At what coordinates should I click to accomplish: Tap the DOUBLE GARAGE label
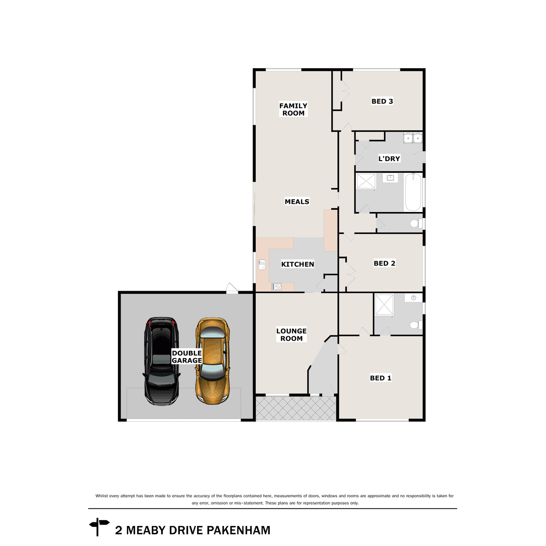coord(187,357)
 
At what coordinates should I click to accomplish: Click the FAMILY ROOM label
coord(293,109)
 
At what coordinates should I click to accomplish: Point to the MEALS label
coord(297,202)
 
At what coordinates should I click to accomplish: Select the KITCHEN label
coord(298,264)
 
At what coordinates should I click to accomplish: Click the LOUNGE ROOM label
coord(291,335)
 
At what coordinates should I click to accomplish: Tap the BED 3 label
coord(382,101)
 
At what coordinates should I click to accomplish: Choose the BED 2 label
coord(384,263)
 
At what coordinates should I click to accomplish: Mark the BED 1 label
coord(380,378)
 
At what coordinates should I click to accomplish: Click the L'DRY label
coord(389,159)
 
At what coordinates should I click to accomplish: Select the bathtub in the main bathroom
coord(413,192)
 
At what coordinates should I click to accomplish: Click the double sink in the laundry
coord(413,137)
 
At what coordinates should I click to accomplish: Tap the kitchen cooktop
coord(277,287)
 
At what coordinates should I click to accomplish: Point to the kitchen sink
coord(262,265)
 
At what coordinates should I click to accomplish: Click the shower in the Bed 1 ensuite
coord(384,304)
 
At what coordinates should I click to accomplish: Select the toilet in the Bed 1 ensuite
coord(415,325)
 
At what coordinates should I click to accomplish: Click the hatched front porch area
coord(296,408)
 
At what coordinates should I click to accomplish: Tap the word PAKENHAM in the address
coord(238,531)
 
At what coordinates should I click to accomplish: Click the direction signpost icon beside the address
coord(99,527)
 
